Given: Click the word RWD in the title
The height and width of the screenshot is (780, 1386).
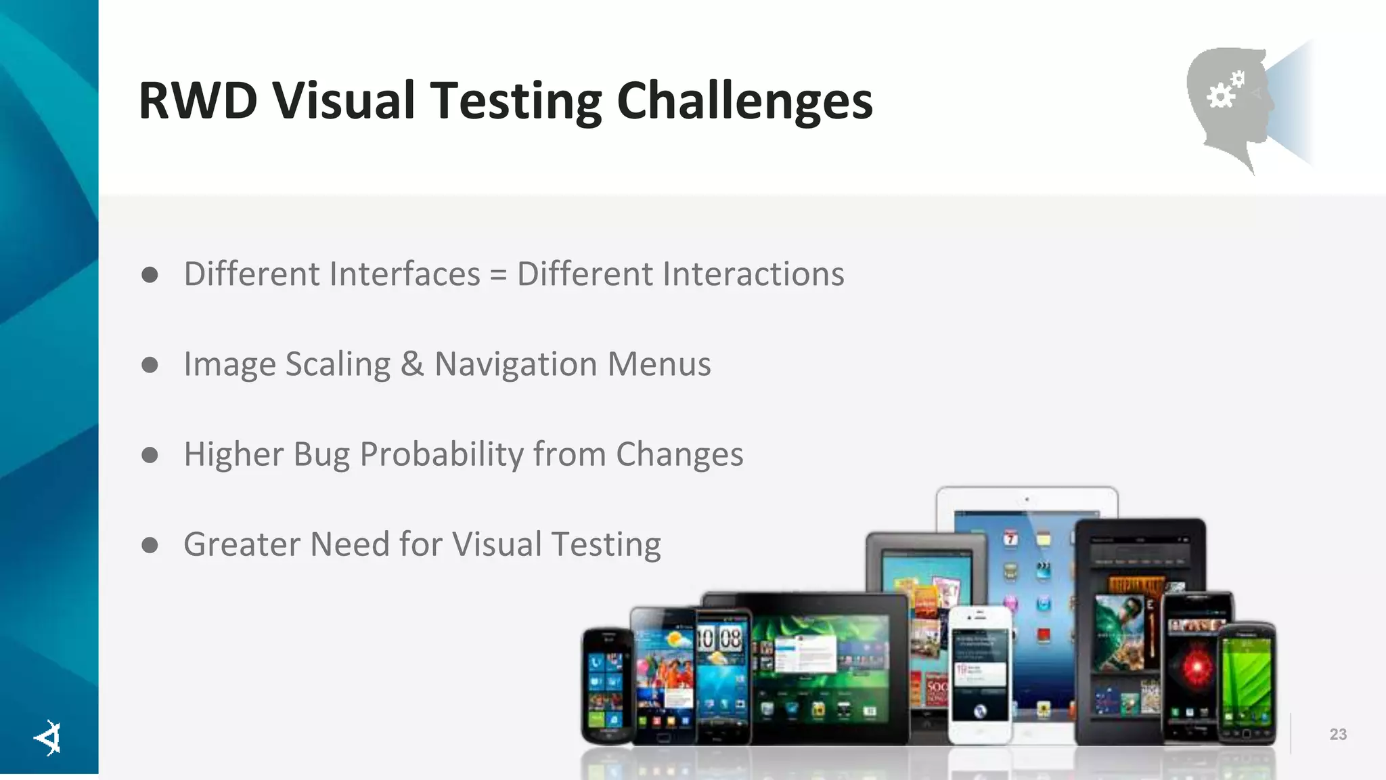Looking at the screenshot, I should (x=198, y=102).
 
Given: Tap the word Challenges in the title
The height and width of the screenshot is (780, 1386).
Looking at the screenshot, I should (x=744, y=102).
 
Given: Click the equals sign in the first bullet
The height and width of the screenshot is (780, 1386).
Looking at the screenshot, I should (x=498, y=275).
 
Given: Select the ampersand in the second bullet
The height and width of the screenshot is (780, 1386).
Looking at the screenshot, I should (x=411, y=364).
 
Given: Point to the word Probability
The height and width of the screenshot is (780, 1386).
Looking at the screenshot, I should (x=441, y=454).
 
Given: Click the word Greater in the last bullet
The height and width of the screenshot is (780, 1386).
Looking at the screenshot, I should (x=241, y=544).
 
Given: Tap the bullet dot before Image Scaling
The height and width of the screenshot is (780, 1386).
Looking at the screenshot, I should (x=150, y=365).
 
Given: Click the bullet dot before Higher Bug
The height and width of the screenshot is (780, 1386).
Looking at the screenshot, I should (x=150, y=455).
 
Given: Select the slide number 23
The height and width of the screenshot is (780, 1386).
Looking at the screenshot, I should (x=1337, y=735).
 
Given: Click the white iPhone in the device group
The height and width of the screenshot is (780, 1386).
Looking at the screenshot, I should (x=979, y=674).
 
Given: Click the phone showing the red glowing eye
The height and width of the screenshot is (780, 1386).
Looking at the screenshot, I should (x=1196, y=667).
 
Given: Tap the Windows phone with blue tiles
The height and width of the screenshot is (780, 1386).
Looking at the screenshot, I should (x=606, y=684).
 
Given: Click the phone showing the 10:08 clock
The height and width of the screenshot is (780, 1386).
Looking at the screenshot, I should (x=722, y=674).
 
